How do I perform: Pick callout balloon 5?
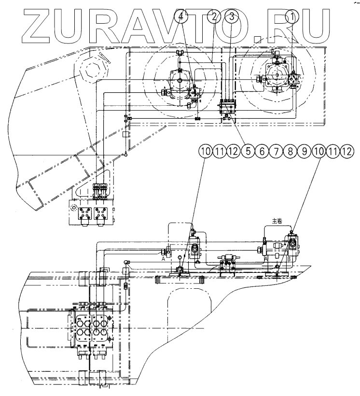249,152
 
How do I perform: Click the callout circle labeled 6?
263,152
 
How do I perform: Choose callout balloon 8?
291,152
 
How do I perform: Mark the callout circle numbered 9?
305,152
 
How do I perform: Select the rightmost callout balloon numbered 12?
347,152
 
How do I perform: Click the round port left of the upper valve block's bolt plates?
74,208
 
